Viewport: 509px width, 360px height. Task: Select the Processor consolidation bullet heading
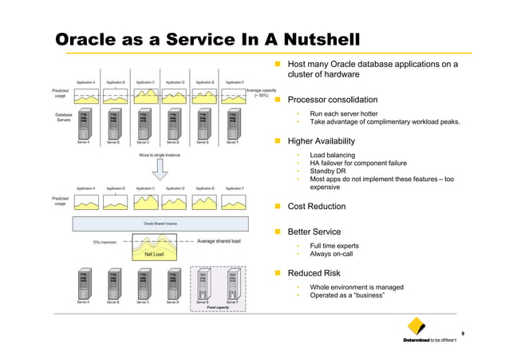click(332, 100)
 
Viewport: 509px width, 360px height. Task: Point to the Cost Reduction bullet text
click(316, 206)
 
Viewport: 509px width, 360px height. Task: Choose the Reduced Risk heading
click(314, 273)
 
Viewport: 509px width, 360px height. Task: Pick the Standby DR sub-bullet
click(329, 172)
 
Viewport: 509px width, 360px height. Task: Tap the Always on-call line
click(331, 254)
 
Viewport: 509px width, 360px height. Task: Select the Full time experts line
click(334, 246)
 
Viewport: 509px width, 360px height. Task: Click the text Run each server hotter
click(344, 113)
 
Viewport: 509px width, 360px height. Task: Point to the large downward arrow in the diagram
click(160, 168)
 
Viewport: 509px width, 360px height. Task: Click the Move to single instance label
click(160, 155)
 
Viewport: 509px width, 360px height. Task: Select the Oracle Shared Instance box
click(160, 224)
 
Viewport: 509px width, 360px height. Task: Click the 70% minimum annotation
click(105, 241)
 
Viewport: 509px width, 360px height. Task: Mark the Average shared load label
click(219, 240)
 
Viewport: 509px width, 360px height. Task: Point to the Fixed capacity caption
click(218, 307)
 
